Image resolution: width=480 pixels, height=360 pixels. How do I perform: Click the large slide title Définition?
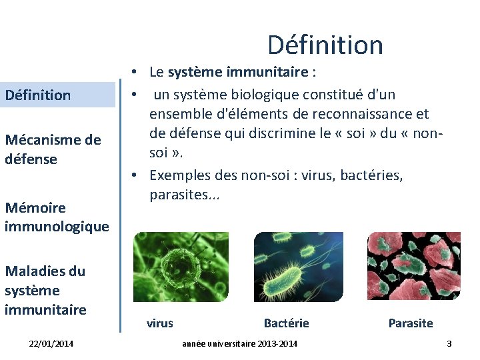point(325,45)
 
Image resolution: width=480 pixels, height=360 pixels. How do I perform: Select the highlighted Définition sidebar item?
point(38,95)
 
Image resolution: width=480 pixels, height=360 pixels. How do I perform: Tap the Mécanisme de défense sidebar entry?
point(53,149)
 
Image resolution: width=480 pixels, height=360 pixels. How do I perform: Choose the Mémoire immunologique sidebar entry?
point(57,217)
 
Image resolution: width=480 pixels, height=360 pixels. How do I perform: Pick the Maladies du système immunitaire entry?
point(45,290)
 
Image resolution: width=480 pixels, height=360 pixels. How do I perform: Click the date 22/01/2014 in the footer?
point(51,343)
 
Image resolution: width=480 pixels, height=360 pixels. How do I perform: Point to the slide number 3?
point(449,343)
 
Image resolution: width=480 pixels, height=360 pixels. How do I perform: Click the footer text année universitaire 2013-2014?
point(240,343)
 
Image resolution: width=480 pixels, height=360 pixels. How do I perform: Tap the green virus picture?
point(181,267)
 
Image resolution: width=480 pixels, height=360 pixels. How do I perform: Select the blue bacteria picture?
point(298,267)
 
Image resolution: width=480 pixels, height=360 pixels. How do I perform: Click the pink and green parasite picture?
point(413,267)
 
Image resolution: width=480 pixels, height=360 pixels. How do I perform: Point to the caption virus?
point(160,323)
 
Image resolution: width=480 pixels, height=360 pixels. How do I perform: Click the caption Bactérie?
point(287,323)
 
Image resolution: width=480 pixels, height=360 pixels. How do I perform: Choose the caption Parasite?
point(411,323)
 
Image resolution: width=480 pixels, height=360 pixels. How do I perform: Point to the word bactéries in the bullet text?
point(373,175)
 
